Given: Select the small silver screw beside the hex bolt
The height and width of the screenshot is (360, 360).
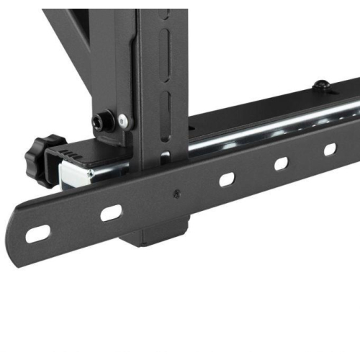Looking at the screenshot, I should (x=124, y=120).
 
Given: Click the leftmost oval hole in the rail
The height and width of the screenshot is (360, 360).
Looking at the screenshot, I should (x=38, y=234).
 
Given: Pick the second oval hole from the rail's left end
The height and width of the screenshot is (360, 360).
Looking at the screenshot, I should (x=111, y=212).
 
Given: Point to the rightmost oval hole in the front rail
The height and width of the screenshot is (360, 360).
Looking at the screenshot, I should (x=330, y=149).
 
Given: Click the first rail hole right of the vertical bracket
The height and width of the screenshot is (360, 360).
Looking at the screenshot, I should (x=228, y=179).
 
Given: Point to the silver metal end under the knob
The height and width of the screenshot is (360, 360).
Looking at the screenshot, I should (x=76, y=174).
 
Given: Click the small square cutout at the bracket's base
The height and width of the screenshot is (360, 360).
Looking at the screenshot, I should (x=165, y=156).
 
